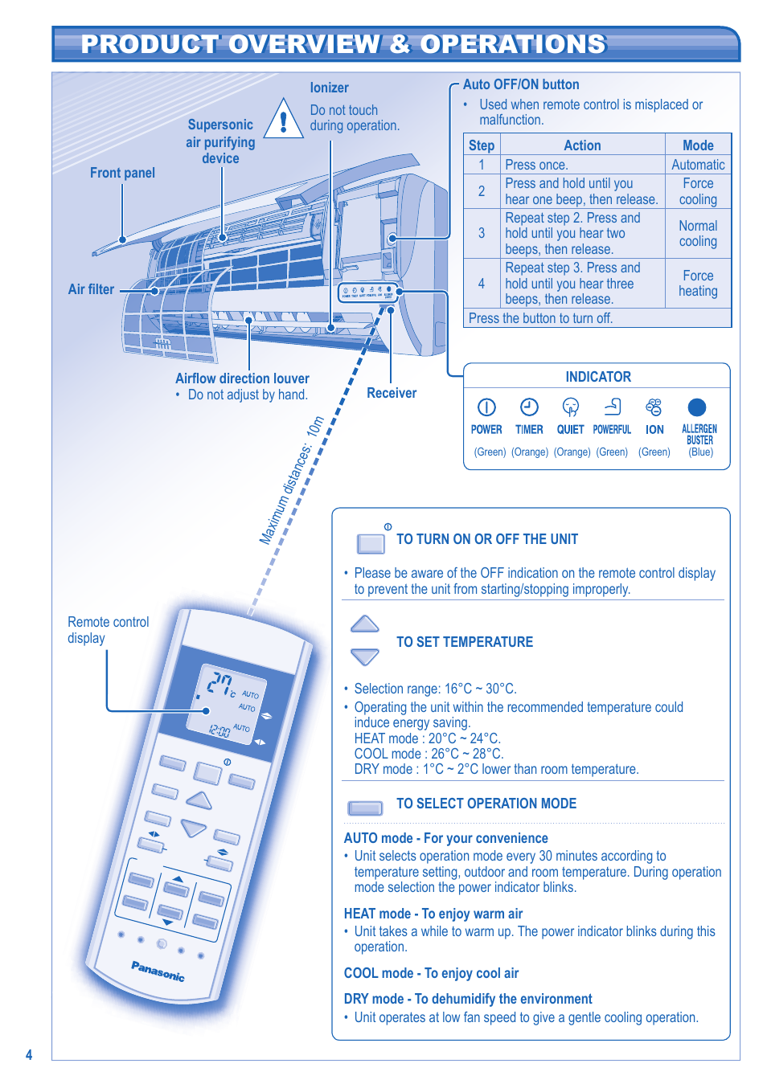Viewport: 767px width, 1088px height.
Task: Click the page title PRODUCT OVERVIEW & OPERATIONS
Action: click(x=343, y=44)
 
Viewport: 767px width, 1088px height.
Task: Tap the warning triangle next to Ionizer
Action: click(x=283, y=119)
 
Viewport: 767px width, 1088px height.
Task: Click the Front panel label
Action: click(x=122, y=173)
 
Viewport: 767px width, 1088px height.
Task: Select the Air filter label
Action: click(x=91, y=289)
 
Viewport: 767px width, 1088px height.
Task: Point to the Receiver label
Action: click(x=392, y=393)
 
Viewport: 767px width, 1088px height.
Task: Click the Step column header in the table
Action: click(x=481, y=145)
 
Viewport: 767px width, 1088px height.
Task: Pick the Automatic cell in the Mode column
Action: click(x=698, y=165)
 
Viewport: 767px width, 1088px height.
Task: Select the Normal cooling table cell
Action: click(x=698, y=234)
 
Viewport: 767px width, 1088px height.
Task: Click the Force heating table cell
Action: click(x=698, y=284)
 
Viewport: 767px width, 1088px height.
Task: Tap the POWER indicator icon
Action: click(x=486, y=407)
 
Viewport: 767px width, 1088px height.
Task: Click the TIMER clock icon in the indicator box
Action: click(x=529, y=407)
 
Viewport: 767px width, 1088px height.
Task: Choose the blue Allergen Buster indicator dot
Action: click(x=697, y=407)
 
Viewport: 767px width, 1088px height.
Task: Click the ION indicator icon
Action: click(x=654, y=407)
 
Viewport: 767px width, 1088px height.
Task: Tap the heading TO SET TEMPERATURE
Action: click(x=465, y=642)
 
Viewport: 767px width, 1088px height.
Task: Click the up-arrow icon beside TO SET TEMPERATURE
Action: click(x=365, y=624)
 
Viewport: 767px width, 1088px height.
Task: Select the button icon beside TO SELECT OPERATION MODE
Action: click(x=365, y=808)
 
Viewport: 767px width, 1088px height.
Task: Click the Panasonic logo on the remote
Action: click(x=158, y=971)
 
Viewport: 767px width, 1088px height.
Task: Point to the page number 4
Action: click(x=29, y=1055)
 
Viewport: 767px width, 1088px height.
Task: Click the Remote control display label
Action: click(x=108, y=630)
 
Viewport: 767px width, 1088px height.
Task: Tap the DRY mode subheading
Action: click(x=467, y=999)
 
